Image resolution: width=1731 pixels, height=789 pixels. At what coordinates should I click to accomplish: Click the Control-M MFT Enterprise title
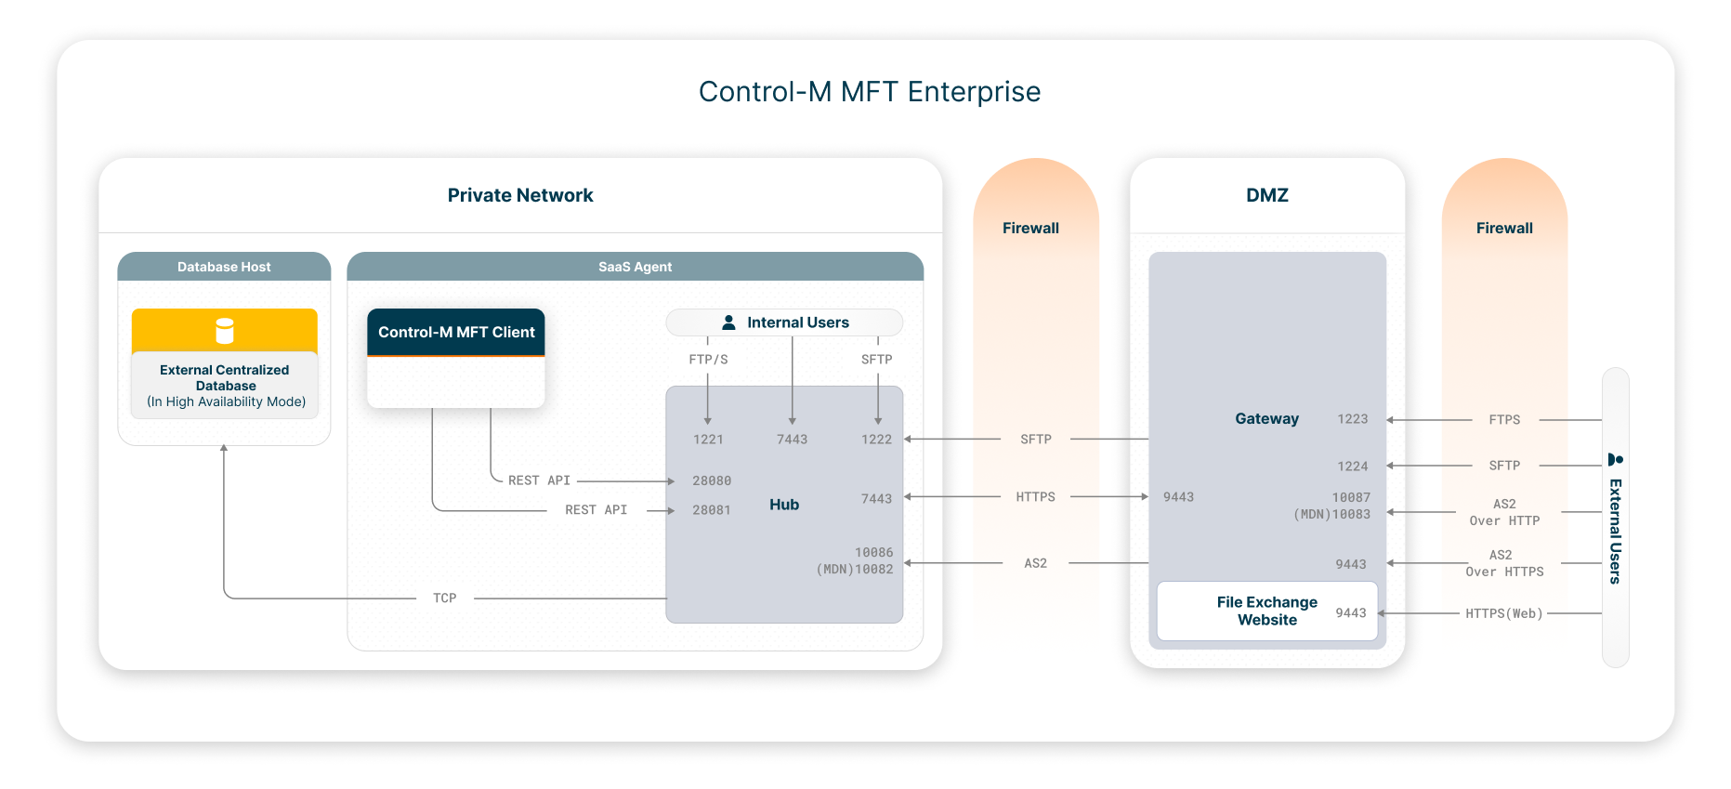pos(869,92)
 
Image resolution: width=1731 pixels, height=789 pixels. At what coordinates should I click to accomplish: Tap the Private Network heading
pos(519,195)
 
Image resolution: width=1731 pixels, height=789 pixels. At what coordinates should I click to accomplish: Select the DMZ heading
pos(1266,195)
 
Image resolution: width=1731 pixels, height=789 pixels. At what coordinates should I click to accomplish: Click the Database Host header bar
pos(224,267)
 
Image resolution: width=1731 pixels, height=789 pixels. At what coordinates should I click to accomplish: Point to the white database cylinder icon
pos(225,331)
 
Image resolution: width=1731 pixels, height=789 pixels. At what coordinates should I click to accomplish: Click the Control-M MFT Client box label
pos(456,332)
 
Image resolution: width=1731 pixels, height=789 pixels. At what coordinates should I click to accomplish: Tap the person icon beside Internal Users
pos(729,322)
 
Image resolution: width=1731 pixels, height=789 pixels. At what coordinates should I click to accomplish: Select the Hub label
pos(783,505)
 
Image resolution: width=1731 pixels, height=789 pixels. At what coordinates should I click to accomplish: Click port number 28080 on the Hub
pos(712,480)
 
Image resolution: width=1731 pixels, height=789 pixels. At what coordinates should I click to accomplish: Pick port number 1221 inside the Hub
pos(708,440)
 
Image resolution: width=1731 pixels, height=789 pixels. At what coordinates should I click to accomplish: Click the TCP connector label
pos(444,598)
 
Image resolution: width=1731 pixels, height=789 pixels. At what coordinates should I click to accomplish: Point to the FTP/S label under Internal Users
pos(708,360)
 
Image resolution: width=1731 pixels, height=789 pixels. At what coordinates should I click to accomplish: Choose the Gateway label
pos(1266,419)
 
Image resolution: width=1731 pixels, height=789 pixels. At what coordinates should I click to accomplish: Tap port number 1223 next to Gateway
pos(1352,419)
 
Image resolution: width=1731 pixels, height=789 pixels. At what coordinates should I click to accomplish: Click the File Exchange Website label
pos(1266,611)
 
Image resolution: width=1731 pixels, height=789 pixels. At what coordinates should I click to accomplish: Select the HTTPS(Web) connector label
pos(1503,613)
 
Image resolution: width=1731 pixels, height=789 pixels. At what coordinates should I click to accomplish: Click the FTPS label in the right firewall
pos(1504,420)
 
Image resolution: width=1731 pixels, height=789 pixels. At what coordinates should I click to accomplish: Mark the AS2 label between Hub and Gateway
pos(1035,563)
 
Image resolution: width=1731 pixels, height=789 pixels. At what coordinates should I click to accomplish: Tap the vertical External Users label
pos(1616,530)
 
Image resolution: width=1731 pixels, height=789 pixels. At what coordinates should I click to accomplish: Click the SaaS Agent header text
pos(635,267)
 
